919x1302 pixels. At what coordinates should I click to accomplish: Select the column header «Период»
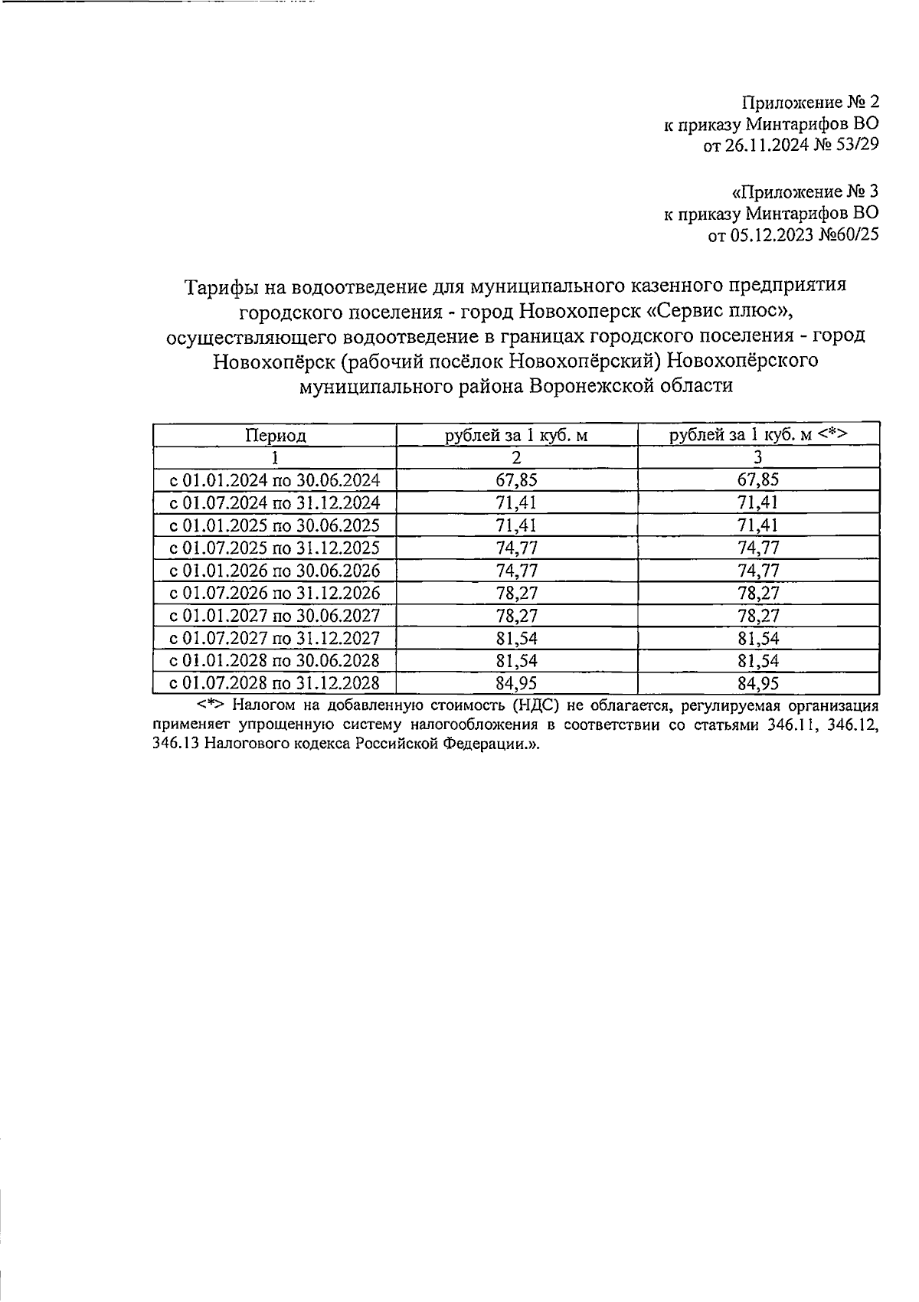275,436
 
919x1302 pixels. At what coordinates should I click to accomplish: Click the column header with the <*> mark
757,435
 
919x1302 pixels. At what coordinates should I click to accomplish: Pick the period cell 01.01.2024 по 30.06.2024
275,480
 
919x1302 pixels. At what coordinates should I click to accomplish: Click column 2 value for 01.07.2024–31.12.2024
517,503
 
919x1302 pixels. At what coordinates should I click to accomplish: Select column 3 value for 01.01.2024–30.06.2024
757,480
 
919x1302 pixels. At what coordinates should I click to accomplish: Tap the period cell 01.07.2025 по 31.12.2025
275,548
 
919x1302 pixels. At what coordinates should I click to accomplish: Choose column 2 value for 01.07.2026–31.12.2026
517,594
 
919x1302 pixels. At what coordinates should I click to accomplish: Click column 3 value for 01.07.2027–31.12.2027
757,639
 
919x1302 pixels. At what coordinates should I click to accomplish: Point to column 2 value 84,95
517,683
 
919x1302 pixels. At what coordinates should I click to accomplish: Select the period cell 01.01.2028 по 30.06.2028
275,661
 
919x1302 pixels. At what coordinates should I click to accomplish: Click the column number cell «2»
517,458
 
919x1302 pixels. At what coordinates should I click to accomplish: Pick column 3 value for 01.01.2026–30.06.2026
757,571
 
